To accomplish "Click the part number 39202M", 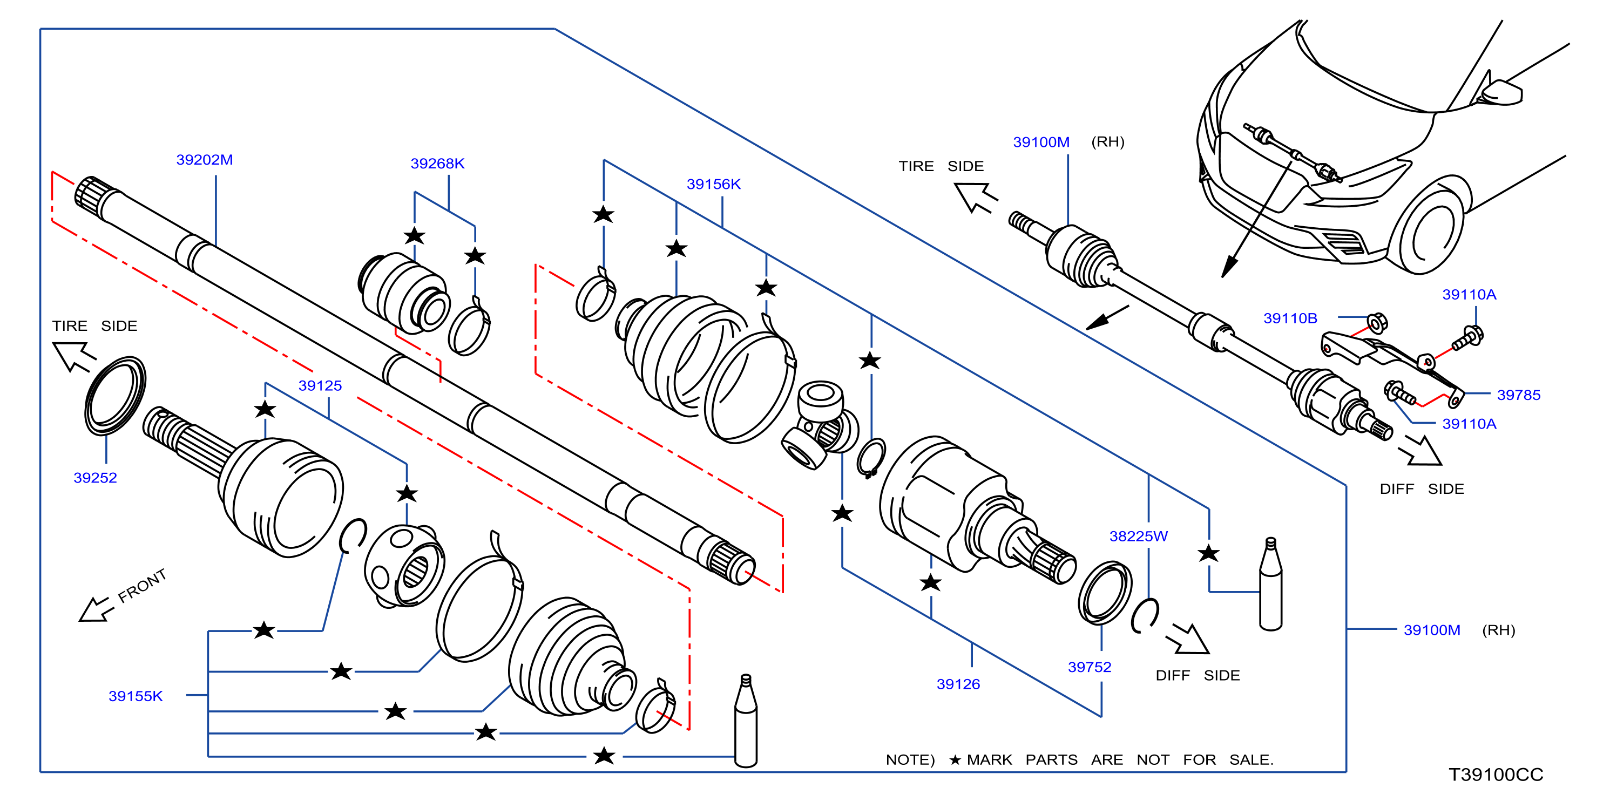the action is pos(205,160).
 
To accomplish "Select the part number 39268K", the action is pos(437,164).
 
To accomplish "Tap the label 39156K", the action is pos(713,184).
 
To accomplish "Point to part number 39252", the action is pos(95,478).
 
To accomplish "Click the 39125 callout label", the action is pos(320,385).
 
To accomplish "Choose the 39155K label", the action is pos(136,696).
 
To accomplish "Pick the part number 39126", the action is pos(958,684).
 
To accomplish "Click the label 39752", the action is pos(1090,667).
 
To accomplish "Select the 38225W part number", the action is pos(1138,536).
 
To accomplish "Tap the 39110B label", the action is pos(1290,318).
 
